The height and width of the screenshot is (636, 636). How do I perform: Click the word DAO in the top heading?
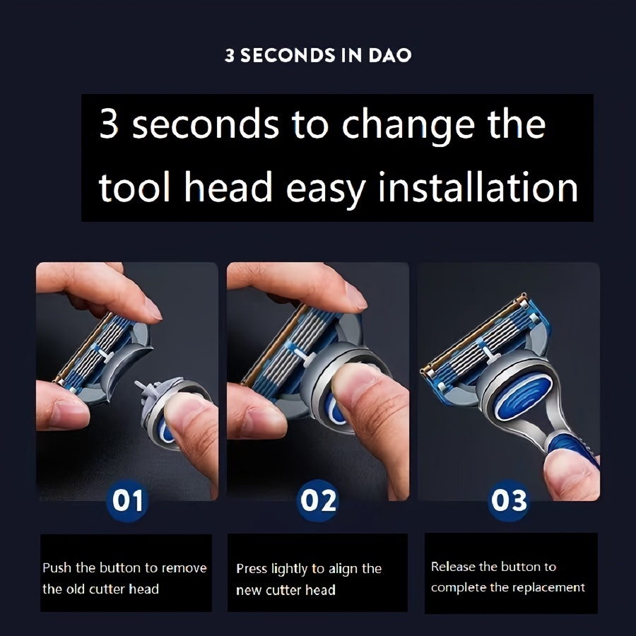point(389,56)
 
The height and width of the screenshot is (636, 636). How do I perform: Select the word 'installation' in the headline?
point(478,187)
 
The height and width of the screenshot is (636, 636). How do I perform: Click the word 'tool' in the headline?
point(134,187)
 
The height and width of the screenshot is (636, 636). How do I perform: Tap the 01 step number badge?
point(127,500)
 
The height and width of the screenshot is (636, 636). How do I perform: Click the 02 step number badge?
point(319,500)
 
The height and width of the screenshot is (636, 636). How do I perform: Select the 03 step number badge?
point(509,500)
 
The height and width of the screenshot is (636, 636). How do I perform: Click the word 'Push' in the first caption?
point(57,567)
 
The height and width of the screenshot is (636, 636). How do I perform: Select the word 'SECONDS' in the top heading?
point(288,56)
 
